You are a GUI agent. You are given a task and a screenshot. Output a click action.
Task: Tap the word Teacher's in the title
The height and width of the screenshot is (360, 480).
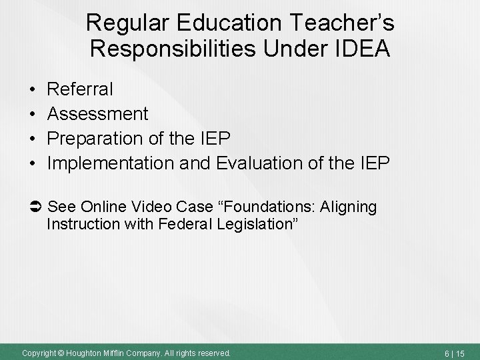tap(345, 23)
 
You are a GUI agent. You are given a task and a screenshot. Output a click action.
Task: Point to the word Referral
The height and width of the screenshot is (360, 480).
tap(81, 89)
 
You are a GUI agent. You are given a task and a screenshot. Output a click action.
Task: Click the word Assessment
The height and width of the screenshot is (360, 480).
tap(98, 114)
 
